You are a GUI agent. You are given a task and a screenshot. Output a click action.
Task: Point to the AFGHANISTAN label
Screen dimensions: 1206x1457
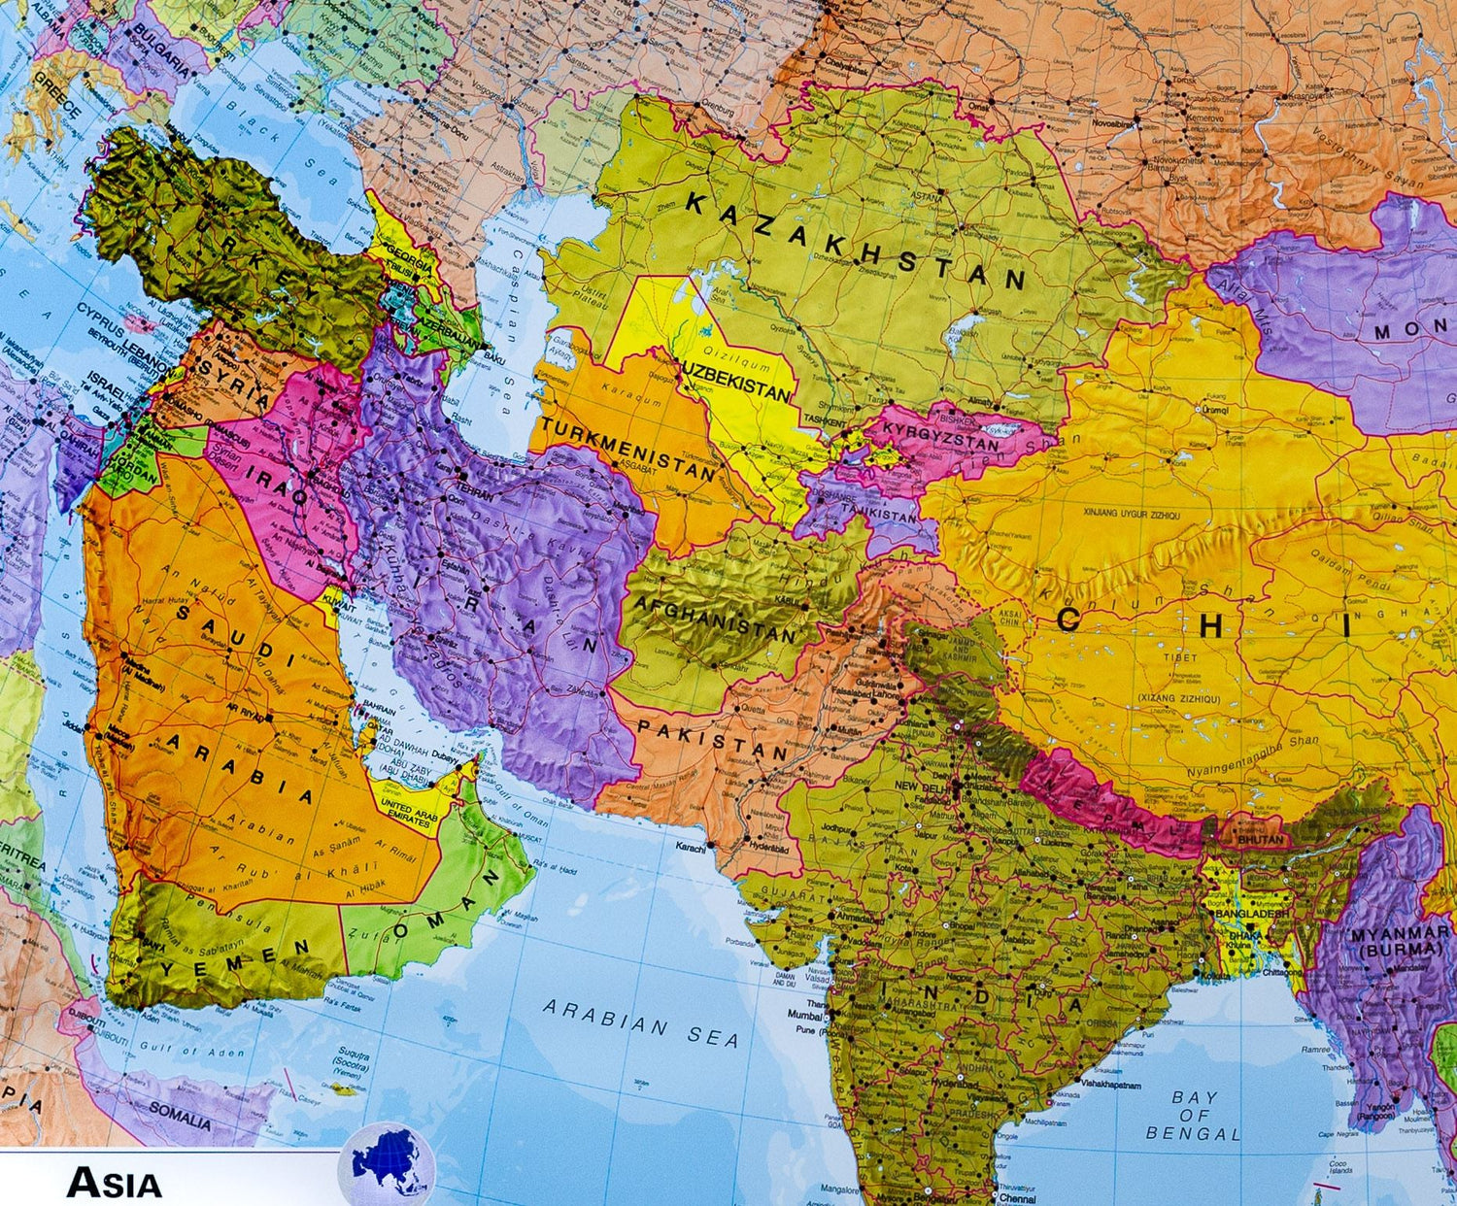(714, 618)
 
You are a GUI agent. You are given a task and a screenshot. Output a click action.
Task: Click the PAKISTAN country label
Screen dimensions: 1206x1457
(711, 739)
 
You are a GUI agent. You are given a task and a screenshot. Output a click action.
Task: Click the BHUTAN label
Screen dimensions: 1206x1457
(1261, 839)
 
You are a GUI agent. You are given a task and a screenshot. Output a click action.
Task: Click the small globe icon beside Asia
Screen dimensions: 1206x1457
(387, 1165)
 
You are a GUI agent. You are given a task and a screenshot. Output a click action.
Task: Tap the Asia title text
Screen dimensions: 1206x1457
(114, 1184)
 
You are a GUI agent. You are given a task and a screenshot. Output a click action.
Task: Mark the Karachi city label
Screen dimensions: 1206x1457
(692, 848)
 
